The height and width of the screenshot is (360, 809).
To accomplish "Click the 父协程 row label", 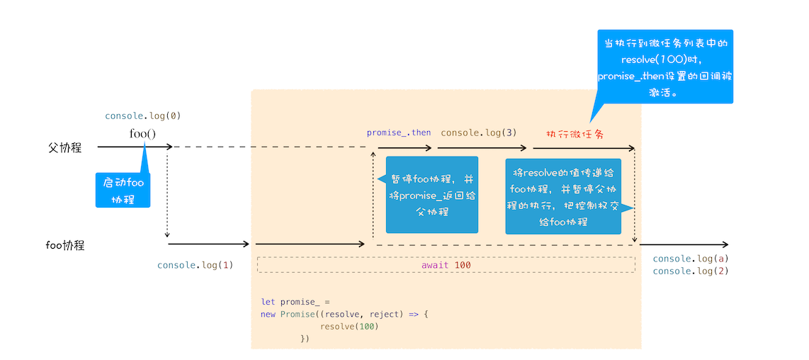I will (64, 147).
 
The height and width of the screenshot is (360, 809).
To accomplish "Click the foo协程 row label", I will (65, 245).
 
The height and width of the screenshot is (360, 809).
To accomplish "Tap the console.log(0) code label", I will (138, 116).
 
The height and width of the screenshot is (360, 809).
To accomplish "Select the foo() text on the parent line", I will (142, 133).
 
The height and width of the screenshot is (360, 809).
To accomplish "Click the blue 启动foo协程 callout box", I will (123, 190).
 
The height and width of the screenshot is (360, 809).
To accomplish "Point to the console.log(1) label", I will (195, 265).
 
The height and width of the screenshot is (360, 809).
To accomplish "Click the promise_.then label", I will (398, 133).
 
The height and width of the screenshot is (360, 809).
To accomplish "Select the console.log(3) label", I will (478, 133).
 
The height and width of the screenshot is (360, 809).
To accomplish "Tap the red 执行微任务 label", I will (575, 133).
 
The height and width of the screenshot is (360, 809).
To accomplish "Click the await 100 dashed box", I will (446, 264).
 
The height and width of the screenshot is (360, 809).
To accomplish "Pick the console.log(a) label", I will (690, 259).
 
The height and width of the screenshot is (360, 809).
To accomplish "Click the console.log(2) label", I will (690, 271).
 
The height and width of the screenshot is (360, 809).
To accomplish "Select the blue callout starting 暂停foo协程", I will (431, 195).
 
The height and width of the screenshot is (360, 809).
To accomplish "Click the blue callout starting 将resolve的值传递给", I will (563, 196).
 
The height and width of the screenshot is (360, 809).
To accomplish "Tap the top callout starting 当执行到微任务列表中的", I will (664, 67).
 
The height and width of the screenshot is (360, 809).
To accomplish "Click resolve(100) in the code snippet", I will (349, 327).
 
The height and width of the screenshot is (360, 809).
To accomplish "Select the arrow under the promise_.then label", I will (404, 148).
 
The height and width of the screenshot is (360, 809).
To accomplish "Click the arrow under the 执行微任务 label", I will (582, 148).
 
